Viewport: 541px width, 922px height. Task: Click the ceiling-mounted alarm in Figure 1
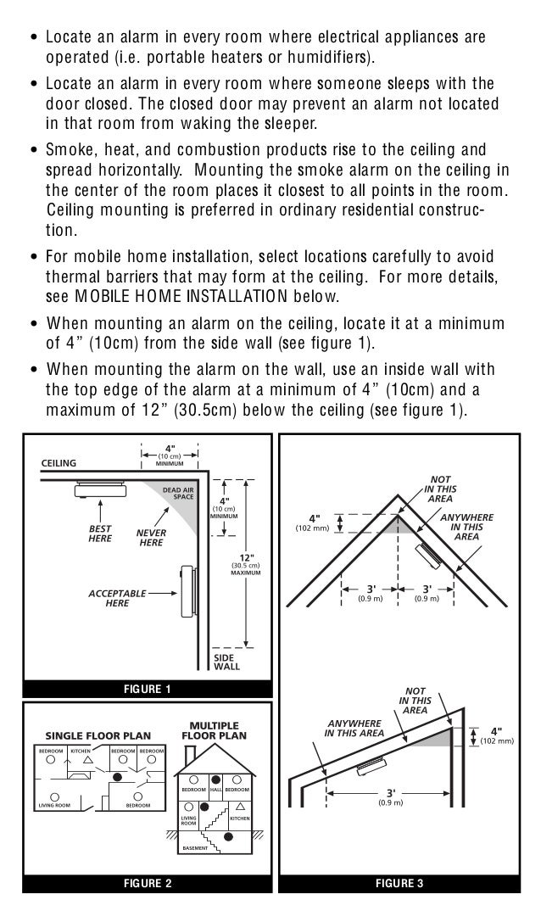pos(100,488)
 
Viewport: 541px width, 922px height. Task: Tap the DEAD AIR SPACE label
pos(178,492)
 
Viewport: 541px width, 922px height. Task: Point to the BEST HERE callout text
pos(100,532)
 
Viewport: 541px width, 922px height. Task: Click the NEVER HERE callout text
pos(152,537)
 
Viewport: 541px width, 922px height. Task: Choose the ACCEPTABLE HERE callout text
pos(117,598)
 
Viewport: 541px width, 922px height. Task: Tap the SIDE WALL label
pos(226,662)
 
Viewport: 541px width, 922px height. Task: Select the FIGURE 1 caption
pos(148,689)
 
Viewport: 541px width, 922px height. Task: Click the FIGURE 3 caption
pos(399,884)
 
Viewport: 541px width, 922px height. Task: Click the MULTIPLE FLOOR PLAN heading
pos(213,731)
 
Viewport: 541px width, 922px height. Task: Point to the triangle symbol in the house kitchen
pos(241,803)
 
